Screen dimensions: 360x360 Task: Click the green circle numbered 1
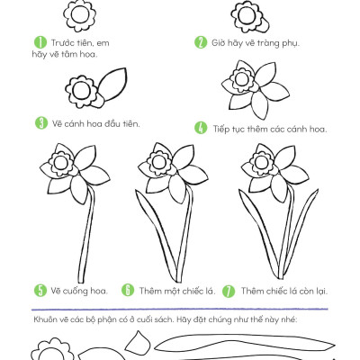tap(40, 42)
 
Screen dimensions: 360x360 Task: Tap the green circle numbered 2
tap(201, 42)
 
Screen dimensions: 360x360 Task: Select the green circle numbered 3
tap(41, 122)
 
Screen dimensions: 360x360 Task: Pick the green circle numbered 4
tap(201, 128)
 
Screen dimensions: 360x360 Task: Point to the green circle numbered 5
tap(40, 291)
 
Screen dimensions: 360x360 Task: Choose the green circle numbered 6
tap(128, 290)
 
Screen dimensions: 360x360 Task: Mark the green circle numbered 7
tap(229, 291)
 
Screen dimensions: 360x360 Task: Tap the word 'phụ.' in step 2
tap(290, 43)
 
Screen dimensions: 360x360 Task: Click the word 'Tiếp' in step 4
tap(221, 129)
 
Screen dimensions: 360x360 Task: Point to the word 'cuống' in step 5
tap(74, 292)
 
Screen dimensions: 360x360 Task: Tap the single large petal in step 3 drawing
tap(113, 84)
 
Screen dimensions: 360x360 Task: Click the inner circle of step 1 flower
tap(80, 14)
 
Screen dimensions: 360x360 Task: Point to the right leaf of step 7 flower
tap(300, 231)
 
